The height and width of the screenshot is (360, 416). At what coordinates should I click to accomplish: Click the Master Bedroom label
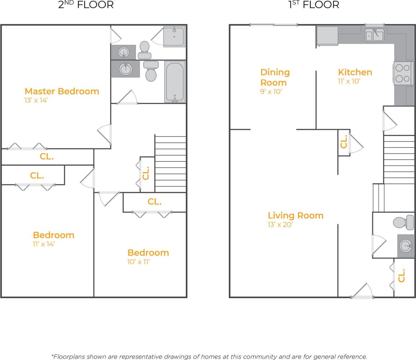click(x=62, y=91)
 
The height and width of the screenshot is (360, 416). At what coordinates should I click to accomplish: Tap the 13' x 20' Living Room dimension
click(x=280, y=225)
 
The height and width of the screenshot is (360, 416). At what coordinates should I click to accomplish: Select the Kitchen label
click(x=355, y=72)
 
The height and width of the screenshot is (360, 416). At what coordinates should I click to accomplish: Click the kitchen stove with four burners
click(x=402, y=73)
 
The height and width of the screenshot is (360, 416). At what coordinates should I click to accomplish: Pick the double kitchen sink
click(x=374, y=35)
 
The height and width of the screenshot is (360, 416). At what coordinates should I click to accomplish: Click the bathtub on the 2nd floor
click(x=175, y=82)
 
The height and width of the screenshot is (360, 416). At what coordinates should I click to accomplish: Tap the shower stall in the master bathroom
click(x=174, y=37)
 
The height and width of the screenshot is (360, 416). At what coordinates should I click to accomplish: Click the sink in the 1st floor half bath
click(x=406, y=246)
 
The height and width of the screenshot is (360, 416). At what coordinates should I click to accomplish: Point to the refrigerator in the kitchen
click(x=327, y=36)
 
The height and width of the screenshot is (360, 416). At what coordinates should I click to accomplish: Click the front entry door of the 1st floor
click(x=362, y=296)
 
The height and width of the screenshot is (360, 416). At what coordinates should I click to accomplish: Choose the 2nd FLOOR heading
click(x=86, y=5)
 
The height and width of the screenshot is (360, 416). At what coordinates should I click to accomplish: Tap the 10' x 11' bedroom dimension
click(x=138, y=262)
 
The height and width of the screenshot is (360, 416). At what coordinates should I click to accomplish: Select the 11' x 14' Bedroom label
click(x=53, y=235)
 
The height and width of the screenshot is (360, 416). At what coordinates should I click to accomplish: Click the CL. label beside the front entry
click(x=402, y=275)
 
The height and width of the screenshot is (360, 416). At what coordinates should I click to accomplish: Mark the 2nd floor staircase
click(x=170, y=164)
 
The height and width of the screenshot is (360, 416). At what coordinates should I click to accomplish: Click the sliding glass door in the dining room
click(x=274, y=25)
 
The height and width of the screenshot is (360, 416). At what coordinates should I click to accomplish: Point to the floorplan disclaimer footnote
click(x=209, y=356)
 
